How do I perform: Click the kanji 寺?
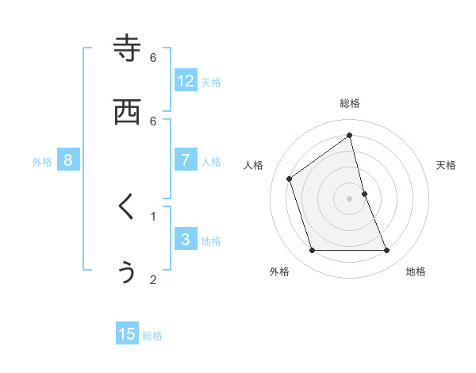tap(127, 48)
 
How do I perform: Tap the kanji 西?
tap(127, 112)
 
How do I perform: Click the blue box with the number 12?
tap(186, 80)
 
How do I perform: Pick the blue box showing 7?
tap(186, 160)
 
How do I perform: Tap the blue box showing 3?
tap(186, 239)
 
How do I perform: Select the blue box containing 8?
tap(68, 160)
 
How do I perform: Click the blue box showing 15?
tap(127, 334)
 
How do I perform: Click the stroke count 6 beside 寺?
tap(153, 57)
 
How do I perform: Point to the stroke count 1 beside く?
tap(153, 216)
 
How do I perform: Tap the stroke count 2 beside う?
tap(153, 279)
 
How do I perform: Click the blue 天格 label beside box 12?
tap(211, 83)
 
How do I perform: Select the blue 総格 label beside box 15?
tap(152, 336)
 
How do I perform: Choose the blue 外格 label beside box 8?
tap(42, 162)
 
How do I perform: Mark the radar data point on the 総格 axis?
tap(350, 135)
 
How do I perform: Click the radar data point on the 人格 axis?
tap(290, 179)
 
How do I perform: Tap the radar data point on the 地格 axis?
tap(387, 251)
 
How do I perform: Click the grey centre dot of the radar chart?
tap(350, 198)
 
